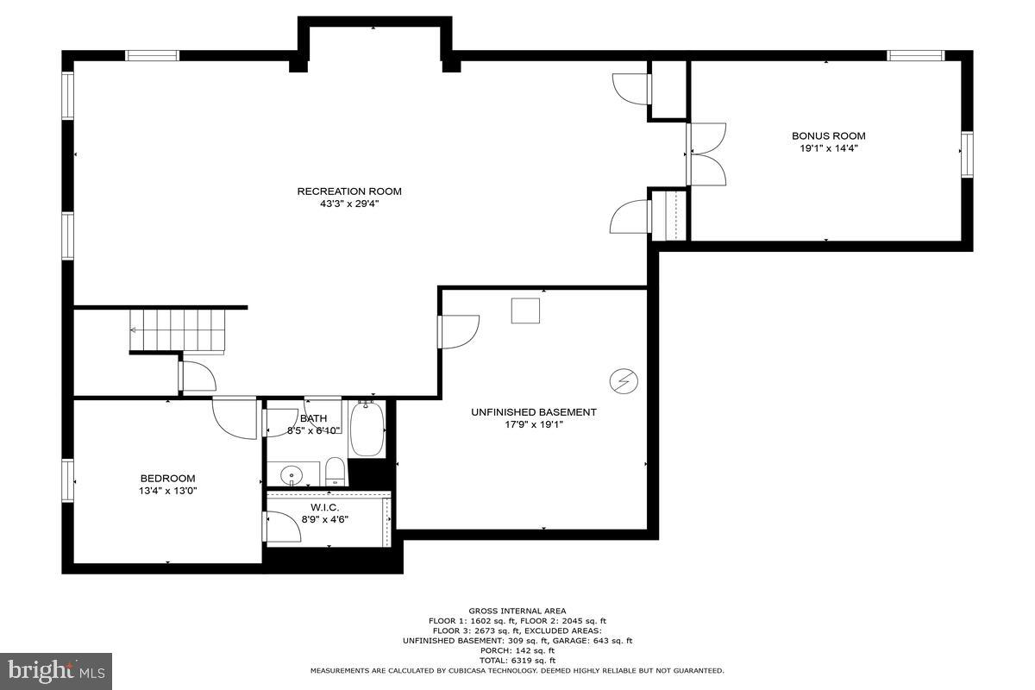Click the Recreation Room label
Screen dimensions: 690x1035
coord(349,191)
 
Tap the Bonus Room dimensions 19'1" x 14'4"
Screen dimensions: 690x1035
coord(828,148)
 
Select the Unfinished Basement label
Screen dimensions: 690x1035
coord(533,412)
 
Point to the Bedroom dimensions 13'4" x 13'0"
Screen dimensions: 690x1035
coord(168,491)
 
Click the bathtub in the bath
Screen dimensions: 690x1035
coord(367,429)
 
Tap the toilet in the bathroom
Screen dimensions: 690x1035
coord(336,471)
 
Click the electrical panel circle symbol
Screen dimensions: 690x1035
coord(624,379)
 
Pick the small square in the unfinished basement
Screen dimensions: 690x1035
coord(525,310)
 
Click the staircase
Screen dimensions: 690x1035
coord(178,331)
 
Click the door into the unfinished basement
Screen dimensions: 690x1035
coord(459,332)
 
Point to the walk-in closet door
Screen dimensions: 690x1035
coord(282,527)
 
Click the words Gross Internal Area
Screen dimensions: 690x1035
coord(517,611)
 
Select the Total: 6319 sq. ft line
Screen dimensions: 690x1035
coord(517,660)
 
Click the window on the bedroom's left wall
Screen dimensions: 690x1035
coord(67,485)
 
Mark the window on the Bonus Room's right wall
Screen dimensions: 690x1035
coord(967,154)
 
